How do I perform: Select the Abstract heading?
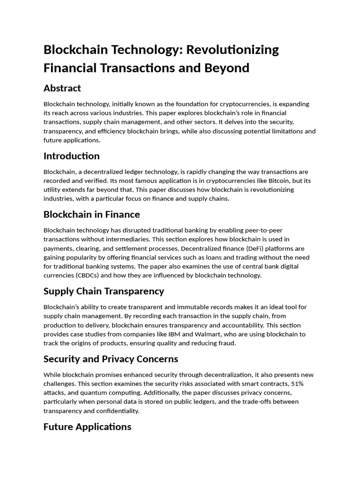[x=62, y=88]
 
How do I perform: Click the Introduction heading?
[x=71, y=156]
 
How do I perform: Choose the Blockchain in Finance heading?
[x=91, y=214]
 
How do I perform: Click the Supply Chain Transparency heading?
[x=104, y=291]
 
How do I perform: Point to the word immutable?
[x=195, y=307]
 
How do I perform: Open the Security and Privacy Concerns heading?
[x=111, y=359]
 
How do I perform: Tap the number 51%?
[x=307, y=384]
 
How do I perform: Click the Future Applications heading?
[x=87, y=427]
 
